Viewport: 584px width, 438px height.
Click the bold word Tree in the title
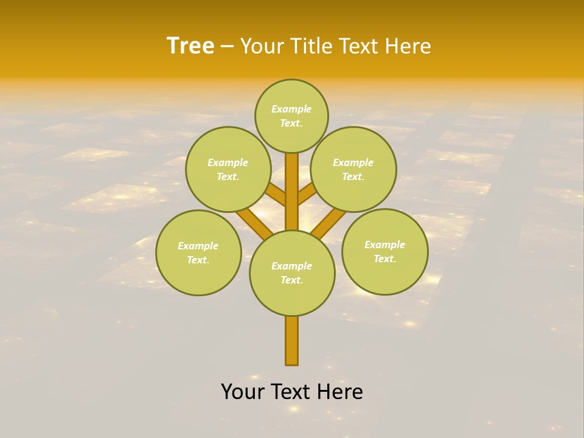[190, 46]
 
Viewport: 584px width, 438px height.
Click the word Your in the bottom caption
[243, 392]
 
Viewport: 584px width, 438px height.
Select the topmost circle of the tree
[291, 116]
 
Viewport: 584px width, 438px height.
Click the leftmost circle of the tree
[198, 252]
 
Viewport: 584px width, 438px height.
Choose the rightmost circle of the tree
[384, 251]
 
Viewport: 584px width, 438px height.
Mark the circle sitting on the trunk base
[292, 273]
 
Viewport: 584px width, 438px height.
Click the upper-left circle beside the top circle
[228, 169]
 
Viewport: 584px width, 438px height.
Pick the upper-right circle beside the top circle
[353, 169]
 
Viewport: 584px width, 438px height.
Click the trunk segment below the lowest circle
[292, 341]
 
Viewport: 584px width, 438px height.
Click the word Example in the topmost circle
[291, 109]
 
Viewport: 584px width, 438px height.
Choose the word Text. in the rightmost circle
[384, 259]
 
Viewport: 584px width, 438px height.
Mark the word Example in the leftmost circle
[198, 246]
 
